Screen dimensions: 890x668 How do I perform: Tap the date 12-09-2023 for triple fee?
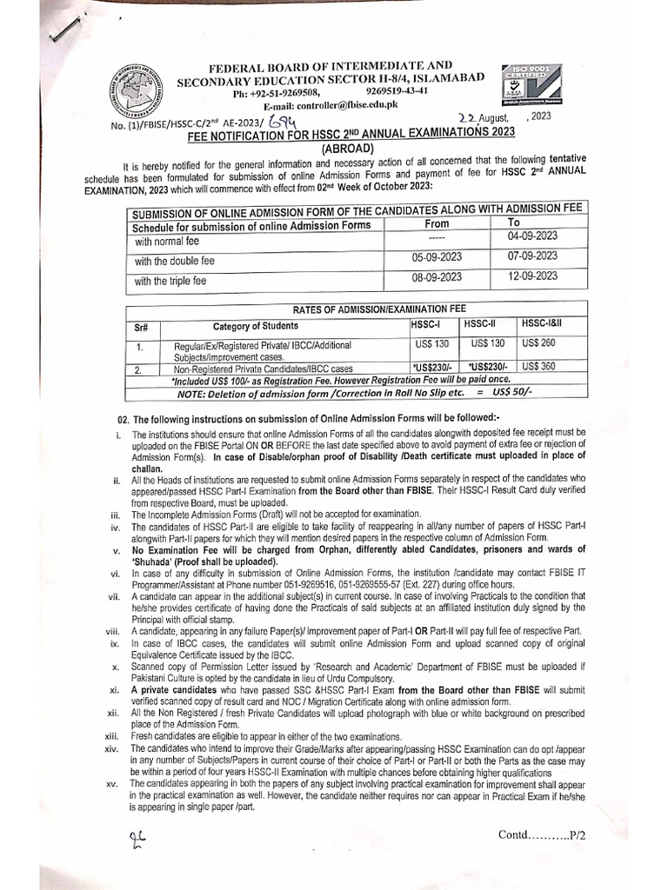click(x=532, y=277)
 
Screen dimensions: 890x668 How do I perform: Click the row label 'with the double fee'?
click(x=175, y=261)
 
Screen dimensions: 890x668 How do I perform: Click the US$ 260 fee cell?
click(x=538, y=343)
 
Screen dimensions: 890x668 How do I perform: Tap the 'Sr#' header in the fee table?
click(x=144, y=329)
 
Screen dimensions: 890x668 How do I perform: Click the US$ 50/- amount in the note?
click(x=514, y=393)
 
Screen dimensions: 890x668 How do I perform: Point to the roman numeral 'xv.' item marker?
click(x=110, y=784)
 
